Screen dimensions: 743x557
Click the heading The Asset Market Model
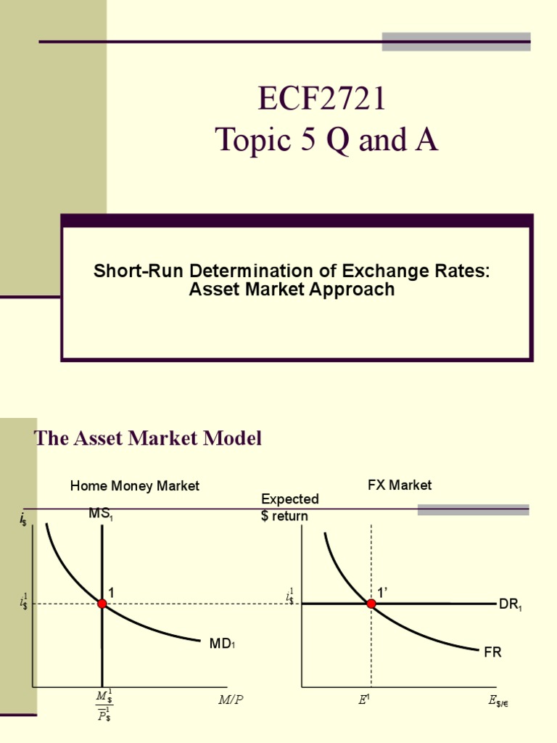click(148, 438)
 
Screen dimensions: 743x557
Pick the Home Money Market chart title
click(134, 486)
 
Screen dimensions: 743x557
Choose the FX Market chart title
click(400, 485)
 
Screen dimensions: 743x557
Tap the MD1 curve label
click(222, 642)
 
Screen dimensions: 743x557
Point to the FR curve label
click(492, 652)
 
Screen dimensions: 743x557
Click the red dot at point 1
click(102, 604)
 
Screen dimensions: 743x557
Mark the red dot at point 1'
click(371, 604)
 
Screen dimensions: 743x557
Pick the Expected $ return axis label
click(289, 507)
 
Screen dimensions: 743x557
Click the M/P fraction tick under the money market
click(104, 706)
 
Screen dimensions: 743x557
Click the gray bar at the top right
click(456, 41)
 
